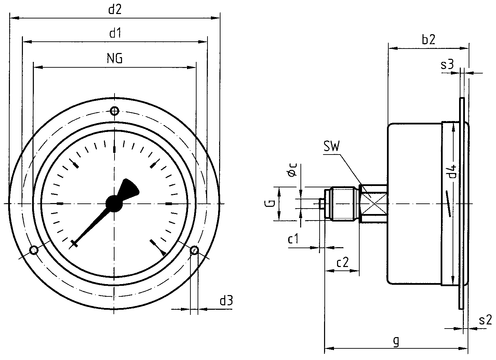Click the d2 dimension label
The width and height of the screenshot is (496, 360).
[115, 9]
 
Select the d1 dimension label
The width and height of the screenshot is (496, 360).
[115, 33]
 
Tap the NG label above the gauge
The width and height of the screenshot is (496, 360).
[115, 58]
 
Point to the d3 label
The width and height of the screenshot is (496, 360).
[226, 301]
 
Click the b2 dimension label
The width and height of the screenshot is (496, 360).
[429, 39]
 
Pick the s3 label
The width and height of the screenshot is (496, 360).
[447, 64]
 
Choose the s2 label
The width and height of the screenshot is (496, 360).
[485, 320]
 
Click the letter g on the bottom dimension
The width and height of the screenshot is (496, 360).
[396, 341]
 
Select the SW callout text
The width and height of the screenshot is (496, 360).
[332, 146]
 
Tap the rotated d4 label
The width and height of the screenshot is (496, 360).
[452, 172]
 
